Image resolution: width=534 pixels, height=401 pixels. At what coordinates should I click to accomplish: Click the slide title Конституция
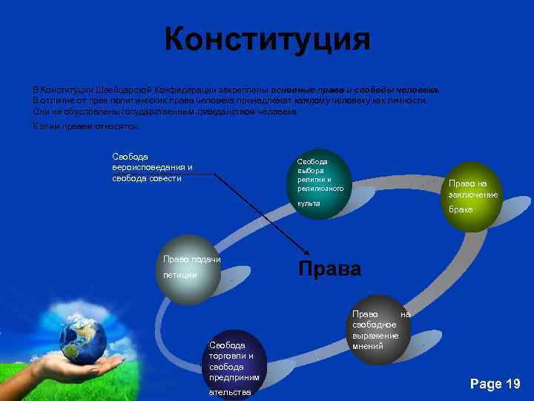pyautogui.click(x=267, y=39)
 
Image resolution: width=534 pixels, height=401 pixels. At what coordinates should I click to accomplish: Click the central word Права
pyautogui.click(x=329, y=269)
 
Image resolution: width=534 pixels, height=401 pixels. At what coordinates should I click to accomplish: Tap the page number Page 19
pyautogui.click(x=495, y=383)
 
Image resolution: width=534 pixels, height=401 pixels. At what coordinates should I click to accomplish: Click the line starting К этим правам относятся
pyautogui.click(x=85, y=126)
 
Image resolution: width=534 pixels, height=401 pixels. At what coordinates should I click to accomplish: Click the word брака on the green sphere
pyautogui.click(x=461, y=209)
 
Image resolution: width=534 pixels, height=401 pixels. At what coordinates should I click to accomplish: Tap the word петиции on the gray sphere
pyautogui.click(x=180, y=276)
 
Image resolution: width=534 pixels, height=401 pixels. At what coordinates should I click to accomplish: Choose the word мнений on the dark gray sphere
pyautogui.click(x=369, y=346)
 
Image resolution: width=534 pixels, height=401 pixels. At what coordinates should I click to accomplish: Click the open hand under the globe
pyautogui.click(x=82, y=366)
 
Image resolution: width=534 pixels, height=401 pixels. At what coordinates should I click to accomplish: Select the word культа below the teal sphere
pyautogui.click(x=309, y=203)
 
